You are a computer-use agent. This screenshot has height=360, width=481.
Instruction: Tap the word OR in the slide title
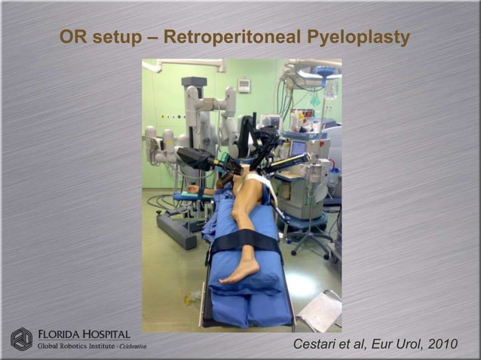(74, 38)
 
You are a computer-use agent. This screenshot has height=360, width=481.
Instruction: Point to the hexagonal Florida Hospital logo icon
(21, 339)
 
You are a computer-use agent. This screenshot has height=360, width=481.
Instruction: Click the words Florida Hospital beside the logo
(84, 334)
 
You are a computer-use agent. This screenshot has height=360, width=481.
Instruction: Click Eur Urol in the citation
(390, 344)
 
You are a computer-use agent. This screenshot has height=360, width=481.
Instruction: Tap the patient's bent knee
(239, 218)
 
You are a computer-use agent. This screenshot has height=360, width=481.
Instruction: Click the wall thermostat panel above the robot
(244, 85)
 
